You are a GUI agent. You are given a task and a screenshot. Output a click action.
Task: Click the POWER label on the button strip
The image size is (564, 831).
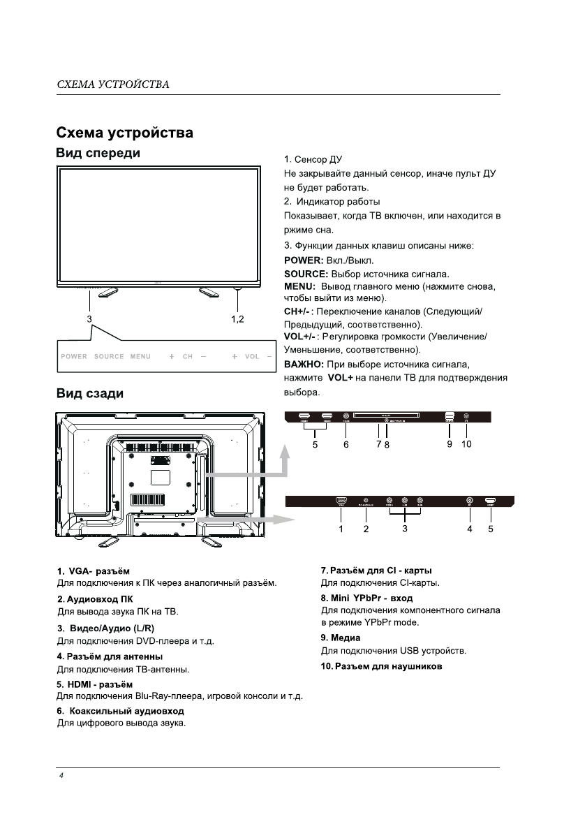point(74,357)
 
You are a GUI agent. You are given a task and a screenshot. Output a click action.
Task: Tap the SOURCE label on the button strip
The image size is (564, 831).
point(109,357)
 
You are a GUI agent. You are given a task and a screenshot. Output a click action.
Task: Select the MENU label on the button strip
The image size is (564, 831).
point(140,357)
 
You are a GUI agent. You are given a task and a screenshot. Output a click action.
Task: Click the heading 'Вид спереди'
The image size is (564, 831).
point(98,154)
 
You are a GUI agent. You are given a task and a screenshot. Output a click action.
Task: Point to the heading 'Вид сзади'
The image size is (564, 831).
point(89,394)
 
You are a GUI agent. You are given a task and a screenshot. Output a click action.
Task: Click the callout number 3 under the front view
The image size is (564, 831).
point(89,318)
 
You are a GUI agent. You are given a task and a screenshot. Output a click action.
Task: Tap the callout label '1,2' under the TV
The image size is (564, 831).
point(238,318)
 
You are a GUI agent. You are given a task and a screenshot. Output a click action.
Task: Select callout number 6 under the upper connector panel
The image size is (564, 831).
point(346,443)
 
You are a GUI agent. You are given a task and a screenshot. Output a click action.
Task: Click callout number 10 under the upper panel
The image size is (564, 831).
point(466,443)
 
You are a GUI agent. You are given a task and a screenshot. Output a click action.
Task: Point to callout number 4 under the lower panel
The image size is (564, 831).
point(470,529)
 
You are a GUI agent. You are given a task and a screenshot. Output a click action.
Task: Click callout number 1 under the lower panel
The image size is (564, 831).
point(341,529)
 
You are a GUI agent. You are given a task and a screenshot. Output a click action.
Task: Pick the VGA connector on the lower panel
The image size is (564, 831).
point(341,501)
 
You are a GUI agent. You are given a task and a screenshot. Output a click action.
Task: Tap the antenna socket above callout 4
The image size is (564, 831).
point(469,501)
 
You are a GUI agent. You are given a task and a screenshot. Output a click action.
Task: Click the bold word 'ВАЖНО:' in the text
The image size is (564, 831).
point(304,365)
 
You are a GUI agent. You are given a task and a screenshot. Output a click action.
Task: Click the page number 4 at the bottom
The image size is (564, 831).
point(61,777)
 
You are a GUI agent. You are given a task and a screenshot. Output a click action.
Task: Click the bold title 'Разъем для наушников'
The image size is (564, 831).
point(381,666)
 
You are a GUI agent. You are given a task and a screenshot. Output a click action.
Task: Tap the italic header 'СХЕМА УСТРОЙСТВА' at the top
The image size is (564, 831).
point(113,85)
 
